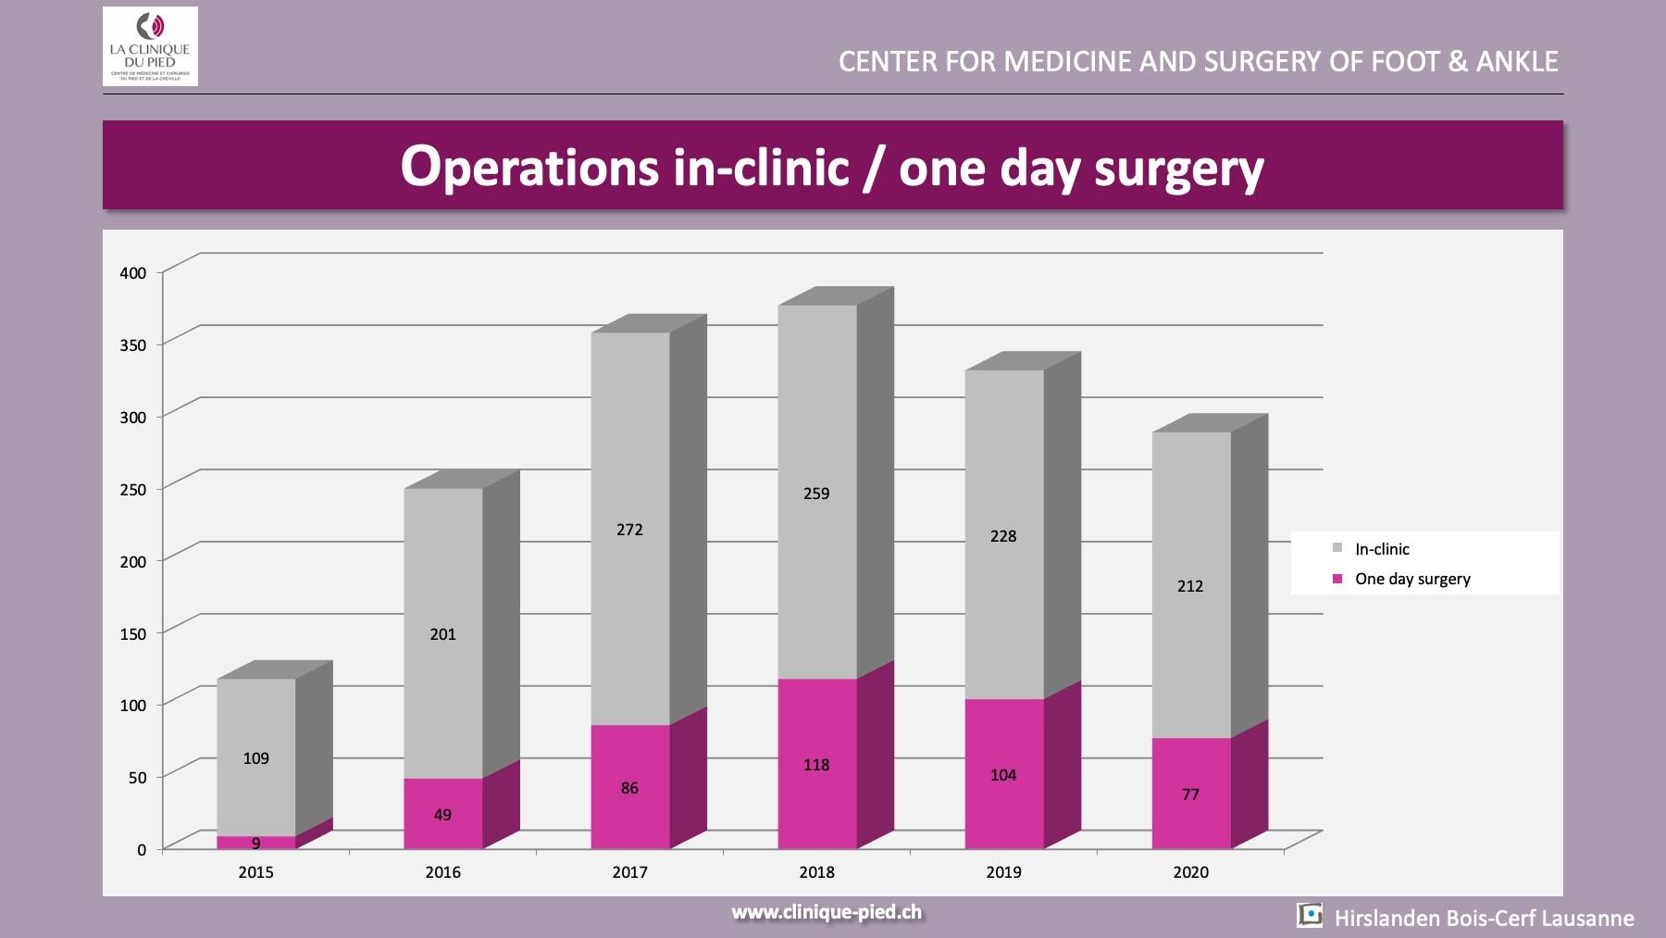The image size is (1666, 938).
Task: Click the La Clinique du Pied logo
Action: [150, 46]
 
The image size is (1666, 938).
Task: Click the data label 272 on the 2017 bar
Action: [629, 530]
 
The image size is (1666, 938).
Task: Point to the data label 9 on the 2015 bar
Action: [256, 844]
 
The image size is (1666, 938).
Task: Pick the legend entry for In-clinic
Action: [1381, 549]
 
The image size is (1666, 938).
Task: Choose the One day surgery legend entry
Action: [1411, 579]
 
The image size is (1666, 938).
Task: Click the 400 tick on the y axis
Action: [133, 272]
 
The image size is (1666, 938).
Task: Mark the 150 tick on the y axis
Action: [133, 633]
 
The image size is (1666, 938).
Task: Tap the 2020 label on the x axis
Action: [1190, 872]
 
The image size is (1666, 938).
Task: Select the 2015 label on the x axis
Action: [256, 872]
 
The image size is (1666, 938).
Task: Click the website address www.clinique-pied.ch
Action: [827, 912]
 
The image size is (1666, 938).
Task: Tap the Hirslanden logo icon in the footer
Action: [1310, 916]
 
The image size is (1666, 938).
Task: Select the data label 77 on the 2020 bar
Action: [1190, 794]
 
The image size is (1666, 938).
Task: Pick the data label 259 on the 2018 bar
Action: [816, 494]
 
